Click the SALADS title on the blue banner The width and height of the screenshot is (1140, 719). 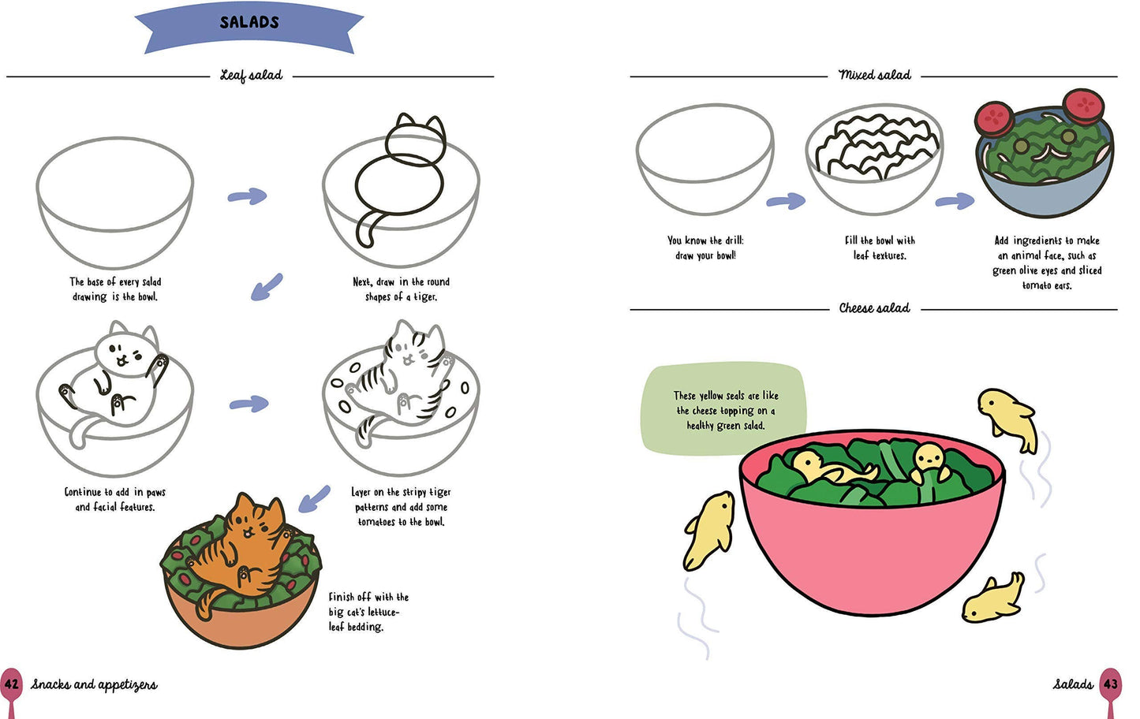249,23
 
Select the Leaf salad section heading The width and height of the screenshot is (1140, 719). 251,76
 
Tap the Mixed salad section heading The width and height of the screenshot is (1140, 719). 874,75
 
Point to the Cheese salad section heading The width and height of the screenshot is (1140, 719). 874,308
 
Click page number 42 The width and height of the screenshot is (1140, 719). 11,684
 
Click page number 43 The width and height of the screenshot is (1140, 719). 1111,684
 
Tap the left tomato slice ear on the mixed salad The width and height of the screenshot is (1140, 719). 994,118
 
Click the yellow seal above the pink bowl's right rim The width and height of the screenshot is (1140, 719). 1008,418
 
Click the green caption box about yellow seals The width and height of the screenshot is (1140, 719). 725,410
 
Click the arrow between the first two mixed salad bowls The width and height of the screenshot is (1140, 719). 786,202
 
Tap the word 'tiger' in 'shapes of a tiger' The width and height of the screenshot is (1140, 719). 424,297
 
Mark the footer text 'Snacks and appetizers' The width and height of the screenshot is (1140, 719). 94,684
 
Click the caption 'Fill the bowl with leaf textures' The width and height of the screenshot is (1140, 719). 880,248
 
